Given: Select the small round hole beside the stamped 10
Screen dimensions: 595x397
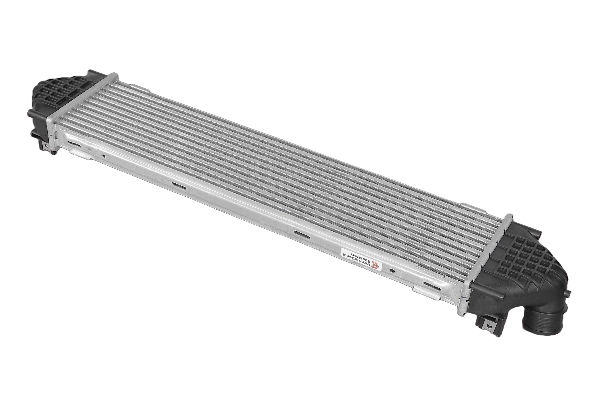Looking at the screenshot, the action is pyautogui.click(x=103, y=155).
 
